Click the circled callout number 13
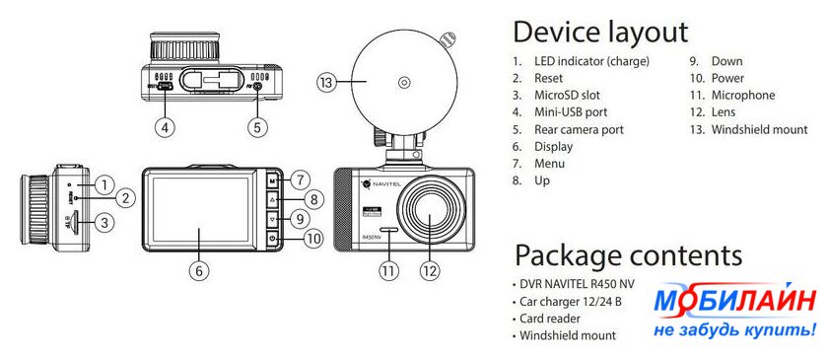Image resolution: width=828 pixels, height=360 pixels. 327,83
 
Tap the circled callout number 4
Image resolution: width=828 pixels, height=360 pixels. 166,127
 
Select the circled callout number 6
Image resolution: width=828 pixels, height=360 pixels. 199,270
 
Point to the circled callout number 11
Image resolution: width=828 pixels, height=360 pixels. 388,270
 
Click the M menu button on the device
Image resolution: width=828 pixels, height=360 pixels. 272,180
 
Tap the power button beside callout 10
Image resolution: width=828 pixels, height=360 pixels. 272,239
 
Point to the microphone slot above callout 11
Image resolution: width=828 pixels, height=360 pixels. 388,231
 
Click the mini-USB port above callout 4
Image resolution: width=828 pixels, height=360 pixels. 167,86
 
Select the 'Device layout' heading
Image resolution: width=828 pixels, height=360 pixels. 600,32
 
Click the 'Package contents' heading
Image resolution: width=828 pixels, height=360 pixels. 629,254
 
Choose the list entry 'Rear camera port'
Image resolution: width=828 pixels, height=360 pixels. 579,129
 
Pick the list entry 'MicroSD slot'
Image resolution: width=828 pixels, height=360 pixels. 567,95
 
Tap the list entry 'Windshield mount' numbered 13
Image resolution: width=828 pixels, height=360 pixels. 759,129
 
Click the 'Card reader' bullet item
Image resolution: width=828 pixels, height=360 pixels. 550,319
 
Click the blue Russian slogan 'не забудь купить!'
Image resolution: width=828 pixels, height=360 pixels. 734,331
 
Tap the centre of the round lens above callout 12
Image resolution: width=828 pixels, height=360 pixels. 429,207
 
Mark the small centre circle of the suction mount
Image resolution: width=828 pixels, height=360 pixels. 404,83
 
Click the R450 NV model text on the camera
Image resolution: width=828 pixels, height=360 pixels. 372,238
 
